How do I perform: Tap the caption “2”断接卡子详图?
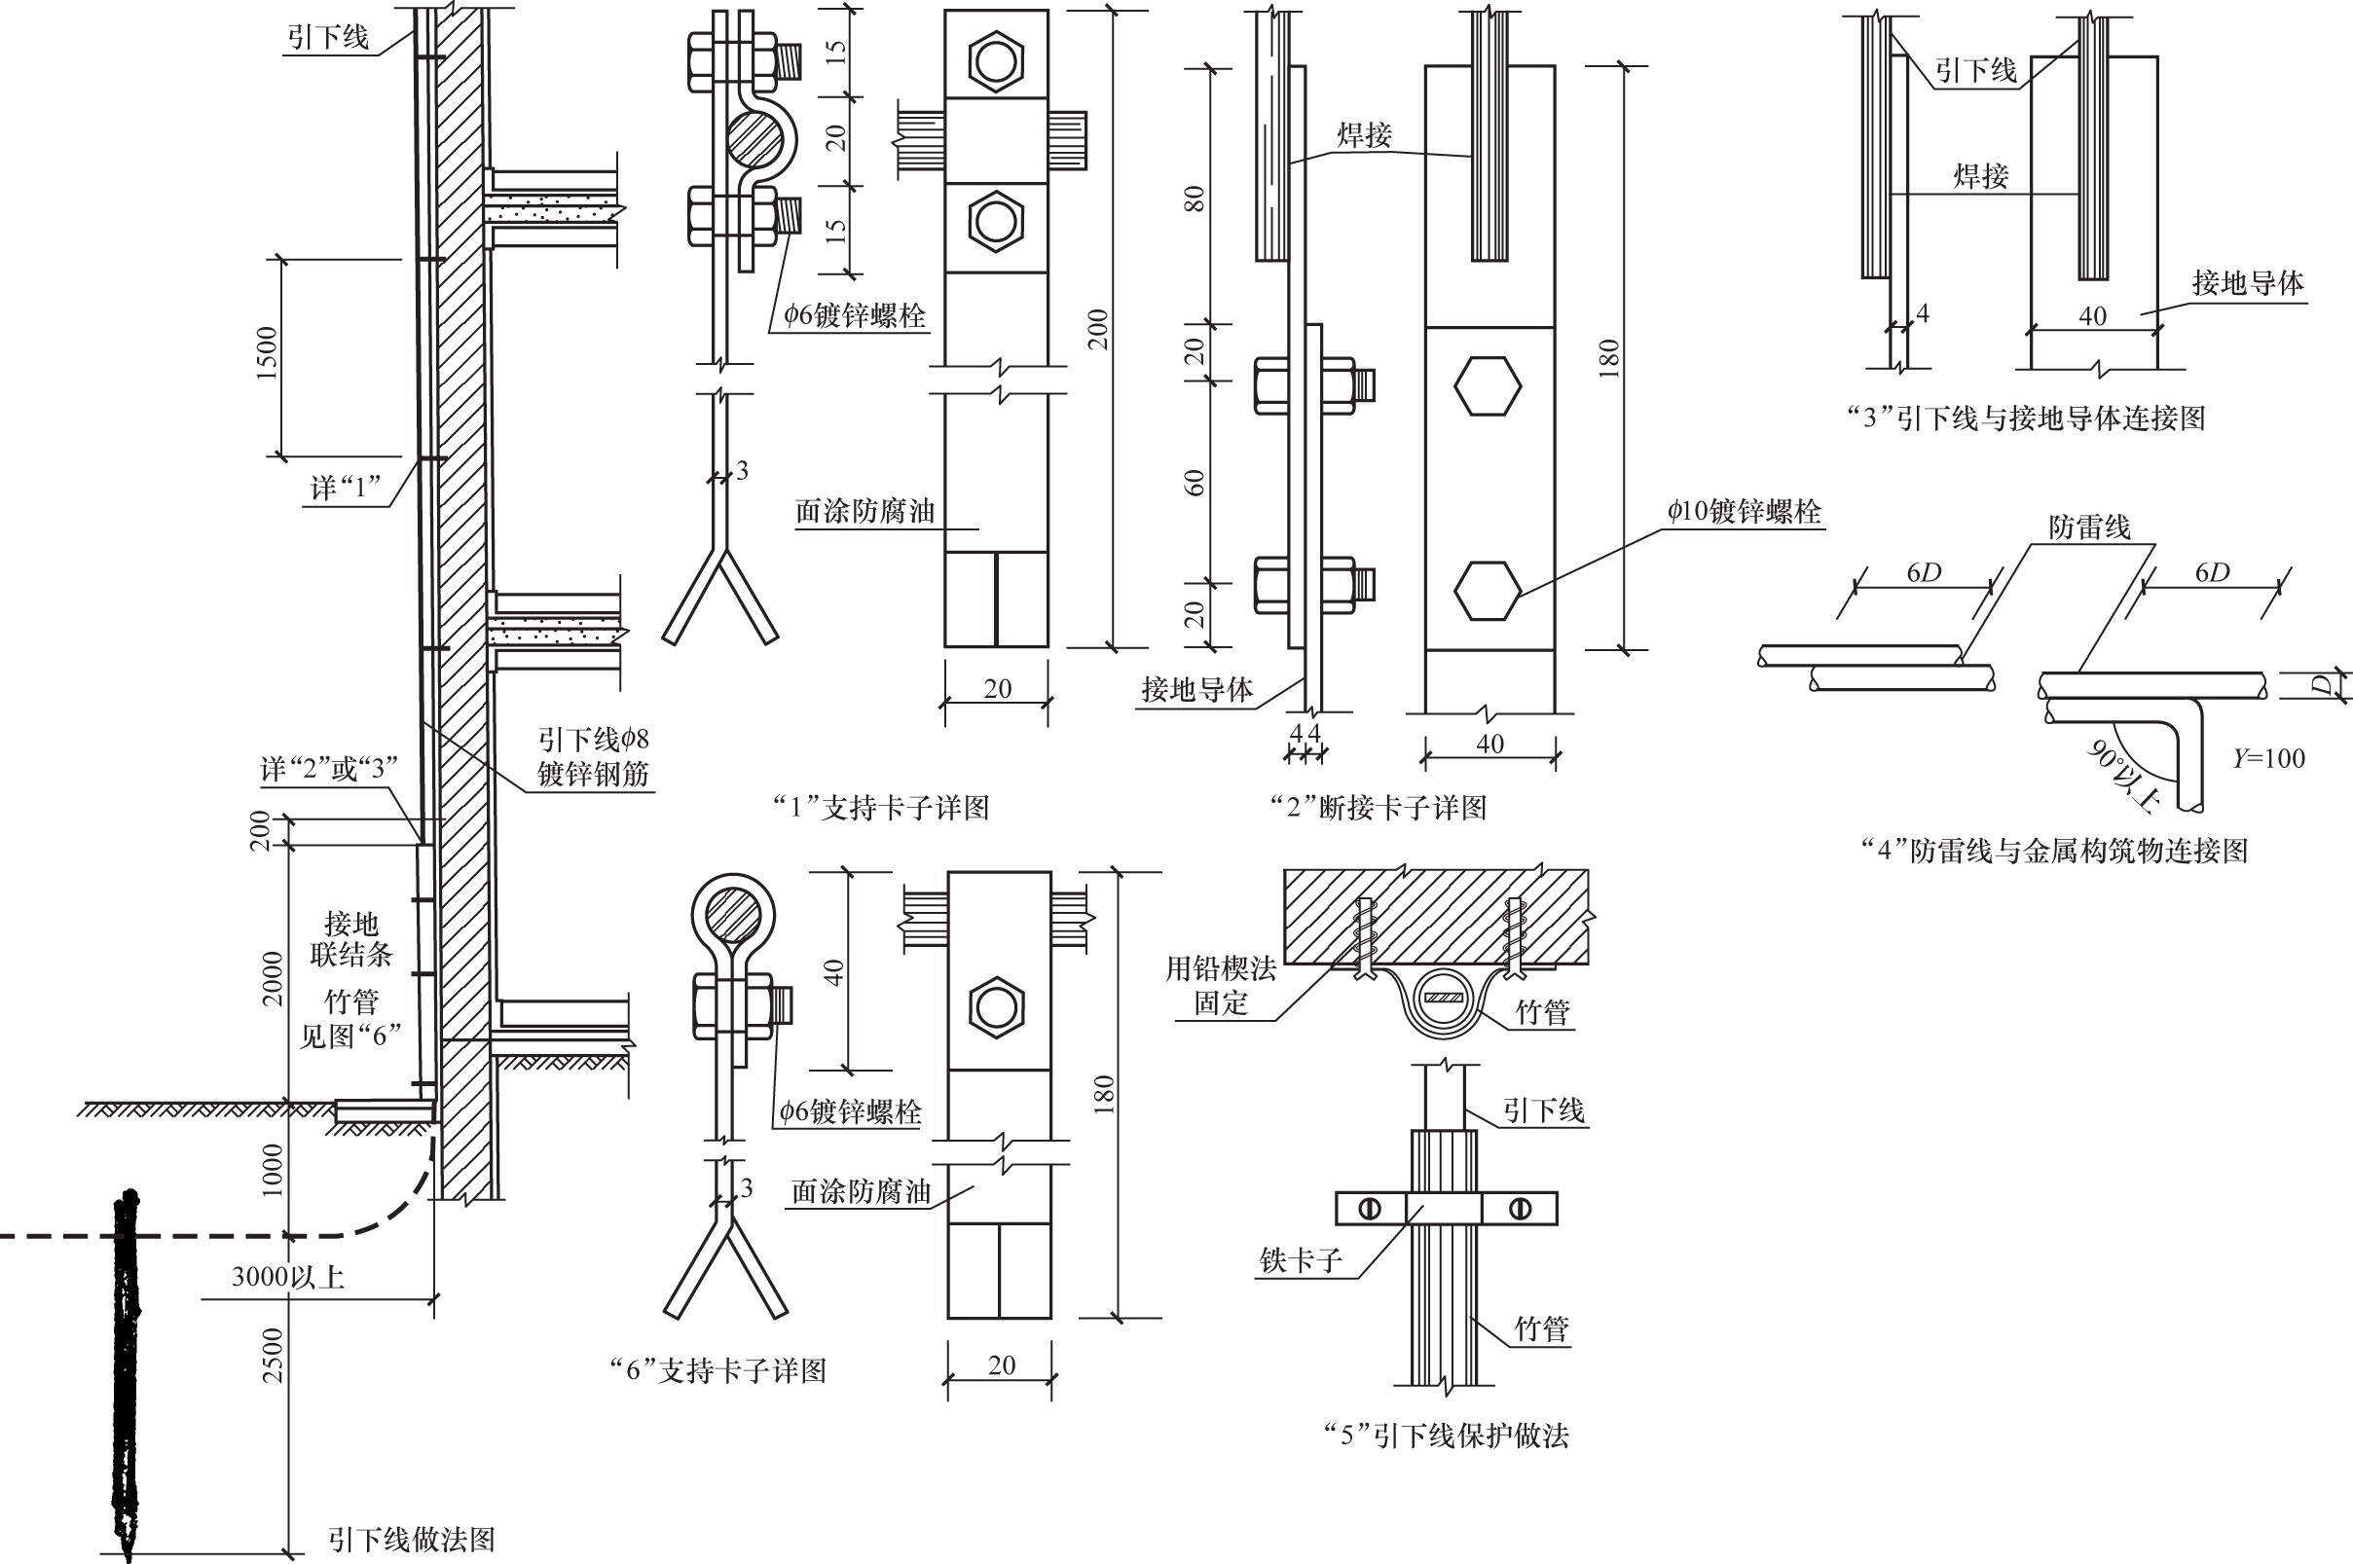coord(1379,808)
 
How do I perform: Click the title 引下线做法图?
coord(411,1540)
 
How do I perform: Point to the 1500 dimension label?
coord(268,353)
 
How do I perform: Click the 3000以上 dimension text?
coord(288,1277)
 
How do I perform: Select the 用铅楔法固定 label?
coord(1221,985)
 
